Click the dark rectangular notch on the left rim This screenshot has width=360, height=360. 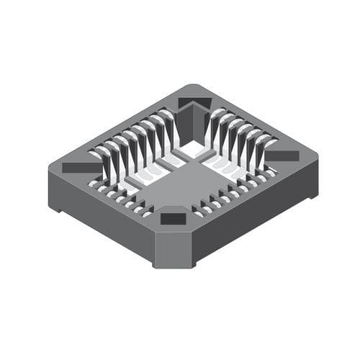tap(81, 167)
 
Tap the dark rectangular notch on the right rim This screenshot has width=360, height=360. tap(283, 156)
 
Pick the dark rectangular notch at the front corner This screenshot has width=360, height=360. tap(173, 219)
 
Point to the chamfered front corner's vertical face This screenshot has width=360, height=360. tap(174, 248)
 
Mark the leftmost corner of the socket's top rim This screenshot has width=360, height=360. tap(50, 167)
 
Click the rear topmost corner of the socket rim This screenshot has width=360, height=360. tap(194, 86)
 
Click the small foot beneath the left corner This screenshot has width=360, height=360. tap(55, 207)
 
